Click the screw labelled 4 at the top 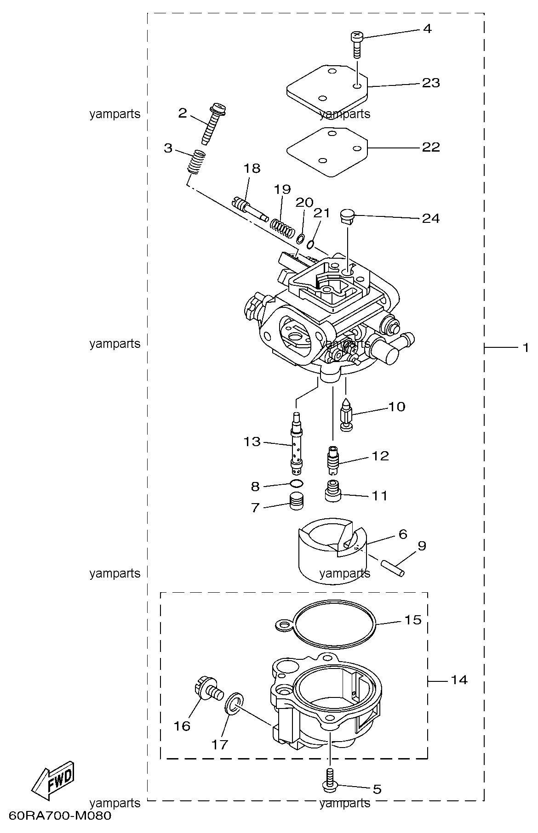357,44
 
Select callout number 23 431,83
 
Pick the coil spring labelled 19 282,228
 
